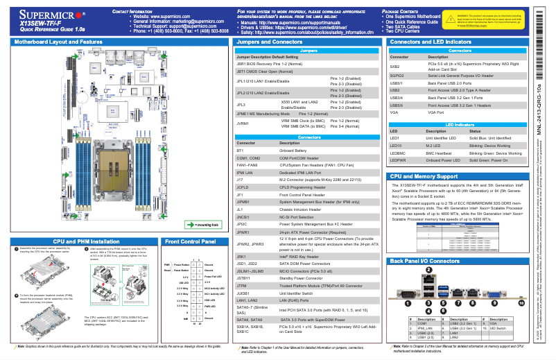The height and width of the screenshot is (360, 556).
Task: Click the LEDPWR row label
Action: click(398, 160)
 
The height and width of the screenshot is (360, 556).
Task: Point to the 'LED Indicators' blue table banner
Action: click(458, 124)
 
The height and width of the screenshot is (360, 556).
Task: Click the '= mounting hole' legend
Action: click(202, 225)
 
